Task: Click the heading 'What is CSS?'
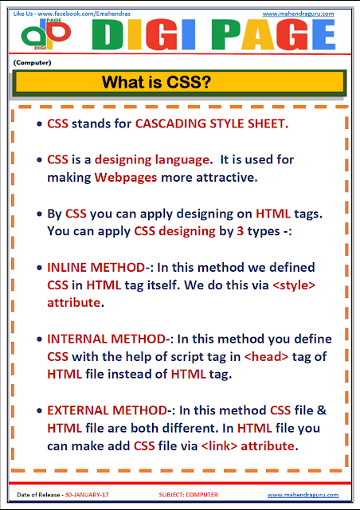click(180, 82)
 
